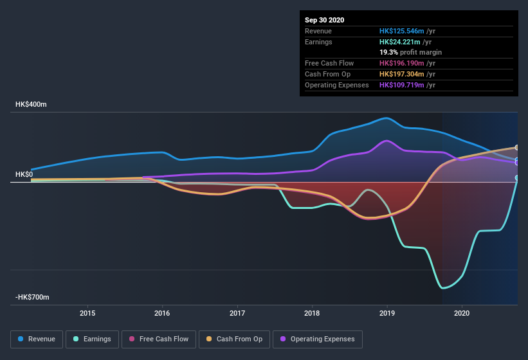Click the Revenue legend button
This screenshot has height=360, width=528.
pos(37,339)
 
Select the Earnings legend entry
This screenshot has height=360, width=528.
pos(92,339)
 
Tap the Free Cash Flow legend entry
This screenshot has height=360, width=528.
pos(159,339)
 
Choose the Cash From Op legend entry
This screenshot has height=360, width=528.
pos(235,339)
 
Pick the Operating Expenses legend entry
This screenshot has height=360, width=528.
pos(318,339)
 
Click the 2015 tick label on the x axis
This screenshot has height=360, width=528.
pos(87,313)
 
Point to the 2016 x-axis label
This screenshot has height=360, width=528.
pos(162,313)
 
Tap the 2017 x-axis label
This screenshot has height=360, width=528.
pos(237,313)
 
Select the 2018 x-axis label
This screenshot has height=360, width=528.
pos(312,313)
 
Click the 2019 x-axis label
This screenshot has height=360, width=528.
pos(387,313)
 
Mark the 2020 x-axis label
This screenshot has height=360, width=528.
pos(462,313)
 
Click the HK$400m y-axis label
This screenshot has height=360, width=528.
pos(32,104)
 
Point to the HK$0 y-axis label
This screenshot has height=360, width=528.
pos(24,174)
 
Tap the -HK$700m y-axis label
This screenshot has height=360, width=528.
pos(33,297)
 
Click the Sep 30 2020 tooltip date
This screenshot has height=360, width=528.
pos(324,20)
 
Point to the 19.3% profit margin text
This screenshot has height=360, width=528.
pos(411,52)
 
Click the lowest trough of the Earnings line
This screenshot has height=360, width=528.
pos(443,288)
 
